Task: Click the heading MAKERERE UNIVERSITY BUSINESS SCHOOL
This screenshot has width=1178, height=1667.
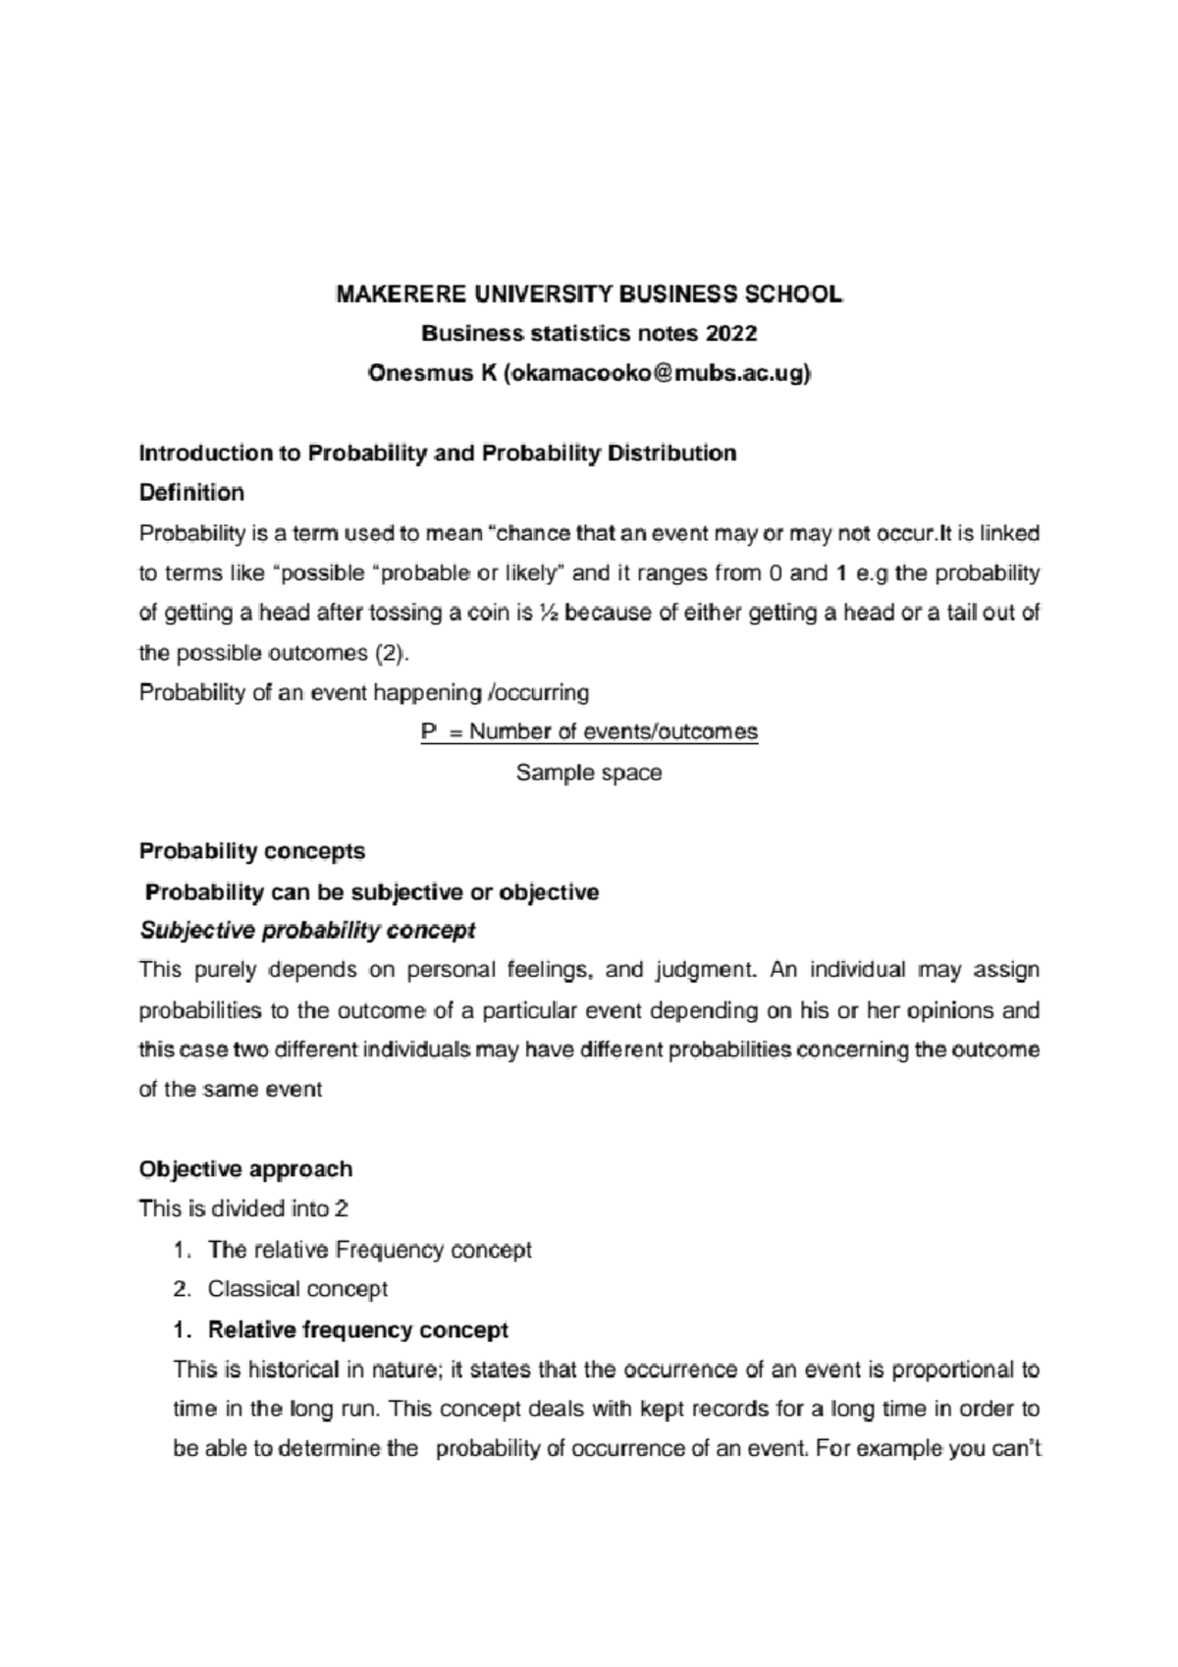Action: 589,294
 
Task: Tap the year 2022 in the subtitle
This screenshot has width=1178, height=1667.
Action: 729,334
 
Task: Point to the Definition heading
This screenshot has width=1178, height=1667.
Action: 191,492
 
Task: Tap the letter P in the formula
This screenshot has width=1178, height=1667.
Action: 428,732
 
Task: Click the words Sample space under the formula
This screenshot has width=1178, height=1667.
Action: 589,773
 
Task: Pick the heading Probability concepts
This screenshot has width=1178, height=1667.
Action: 252,851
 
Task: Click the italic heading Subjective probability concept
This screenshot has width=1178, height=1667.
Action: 307,931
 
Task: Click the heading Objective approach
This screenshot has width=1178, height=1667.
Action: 245,1169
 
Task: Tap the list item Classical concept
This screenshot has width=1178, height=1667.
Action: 297,1289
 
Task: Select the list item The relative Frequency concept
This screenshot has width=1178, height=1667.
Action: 369,1250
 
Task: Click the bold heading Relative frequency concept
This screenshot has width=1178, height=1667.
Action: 358,1330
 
